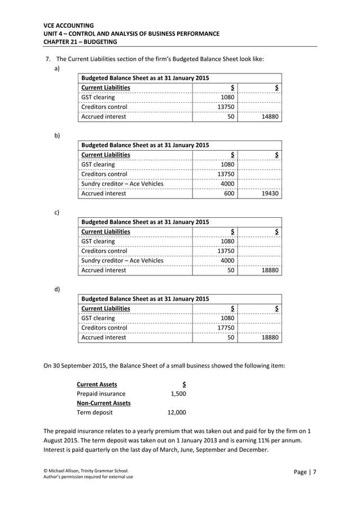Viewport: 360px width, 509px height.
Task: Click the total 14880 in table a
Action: tap(270, 117)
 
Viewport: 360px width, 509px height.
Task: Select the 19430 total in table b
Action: tap(270, 194)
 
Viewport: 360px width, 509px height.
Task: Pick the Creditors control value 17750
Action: tap(226, 327)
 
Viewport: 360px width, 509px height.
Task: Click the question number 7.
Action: tap(47, 59)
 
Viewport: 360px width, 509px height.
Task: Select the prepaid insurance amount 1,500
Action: tap(178, 394)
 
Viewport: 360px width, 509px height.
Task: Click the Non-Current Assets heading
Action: tap(104, 403)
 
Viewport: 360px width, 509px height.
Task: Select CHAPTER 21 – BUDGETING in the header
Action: tap(80, 42)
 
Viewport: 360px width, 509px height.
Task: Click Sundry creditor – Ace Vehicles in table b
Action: tap(122, 183)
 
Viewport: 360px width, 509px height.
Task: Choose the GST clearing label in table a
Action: tap(98, 97)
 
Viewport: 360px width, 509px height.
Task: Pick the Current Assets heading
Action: tap(97, 384)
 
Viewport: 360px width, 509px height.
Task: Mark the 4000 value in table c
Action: tap(227, 261)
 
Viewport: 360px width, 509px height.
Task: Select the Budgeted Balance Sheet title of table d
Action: tap(145, 299)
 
